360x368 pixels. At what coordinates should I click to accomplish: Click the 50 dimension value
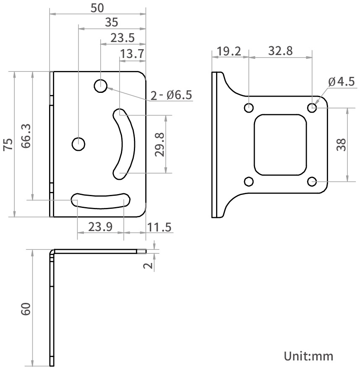pos(97,7)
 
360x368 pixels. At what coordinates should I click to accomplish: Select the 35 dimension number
pos(112,22)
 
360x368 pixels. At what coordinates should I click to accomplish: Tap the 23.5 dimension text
pos(123,38)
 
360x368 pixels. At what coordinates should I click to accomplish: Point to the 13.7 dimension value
pos(132,54)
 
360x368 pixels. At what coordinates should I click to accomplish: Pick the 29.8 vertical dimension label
pos(159,145)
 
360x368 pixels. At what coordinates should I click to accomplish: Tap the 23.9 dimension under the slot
pos(100,227)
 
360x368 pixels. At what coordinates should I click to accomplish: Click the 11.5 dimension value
pos(159,227)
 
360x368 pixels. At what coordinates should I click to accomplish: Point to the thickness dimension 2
pos(148,265)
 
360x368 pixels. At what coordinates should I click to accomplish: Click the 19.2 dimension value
pos(229,51)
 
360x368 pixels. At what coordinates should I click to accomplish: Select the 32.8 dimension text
pos(281,51)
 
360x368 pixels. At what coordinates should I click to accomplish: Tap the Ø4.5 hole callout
pos(341,81)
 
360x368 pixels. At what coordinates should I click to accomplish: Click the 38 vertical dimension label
pos(341,145)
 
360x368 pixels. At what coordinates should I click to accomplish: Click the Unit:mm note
pos(309,356)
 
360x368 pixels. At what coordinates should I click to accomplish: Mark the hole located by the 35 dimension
pos(78,144)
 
